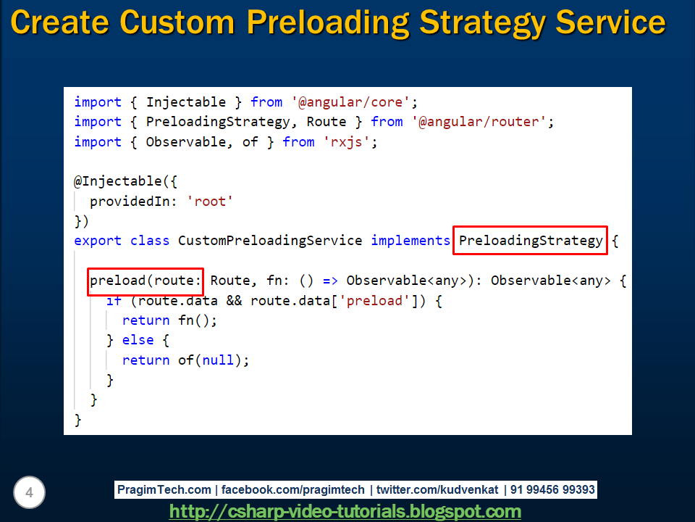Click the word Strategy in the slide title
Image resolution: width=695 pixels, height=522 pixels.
(481, 23)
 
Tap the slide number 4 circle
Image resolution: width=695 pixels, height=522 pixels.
(29, 493)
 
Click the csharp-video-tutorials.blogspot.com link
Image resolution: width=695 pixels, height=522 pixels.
(345, 511)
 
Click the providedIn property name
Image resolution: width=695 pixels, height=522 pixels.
(134, 202)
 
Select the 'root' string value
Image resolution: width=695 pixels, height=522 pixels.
(211, 202)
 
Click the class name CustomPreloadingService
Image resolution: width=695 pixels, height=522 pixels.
(269, 240)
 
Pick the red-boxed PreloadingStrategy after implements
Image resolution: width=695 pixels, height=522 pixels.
(530, 240)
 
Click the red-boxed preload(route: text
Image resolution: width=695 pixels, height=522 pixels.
(145, 281)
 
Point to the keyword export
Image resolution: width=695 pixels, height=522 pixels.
(98, 240)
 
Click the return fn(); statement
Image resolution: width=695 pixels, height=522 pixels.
(169, 320)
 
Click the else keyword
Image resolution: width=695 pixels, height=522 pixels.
(138, 340)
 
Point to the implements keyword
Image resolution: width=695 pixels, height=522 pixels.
(410, 240)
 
